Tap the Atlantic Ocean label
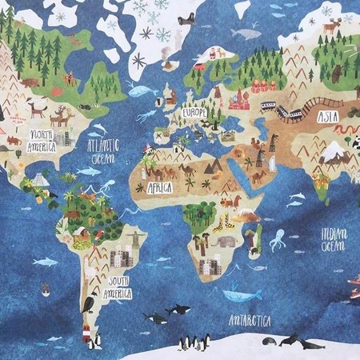105,150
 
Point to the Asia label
327,117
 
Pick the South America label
130,285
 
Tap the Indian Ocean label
334,239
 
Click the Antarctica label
250,321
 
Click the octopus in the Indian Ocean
278,238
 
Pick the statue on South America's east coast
138,238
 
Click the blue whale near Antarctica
241,296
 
